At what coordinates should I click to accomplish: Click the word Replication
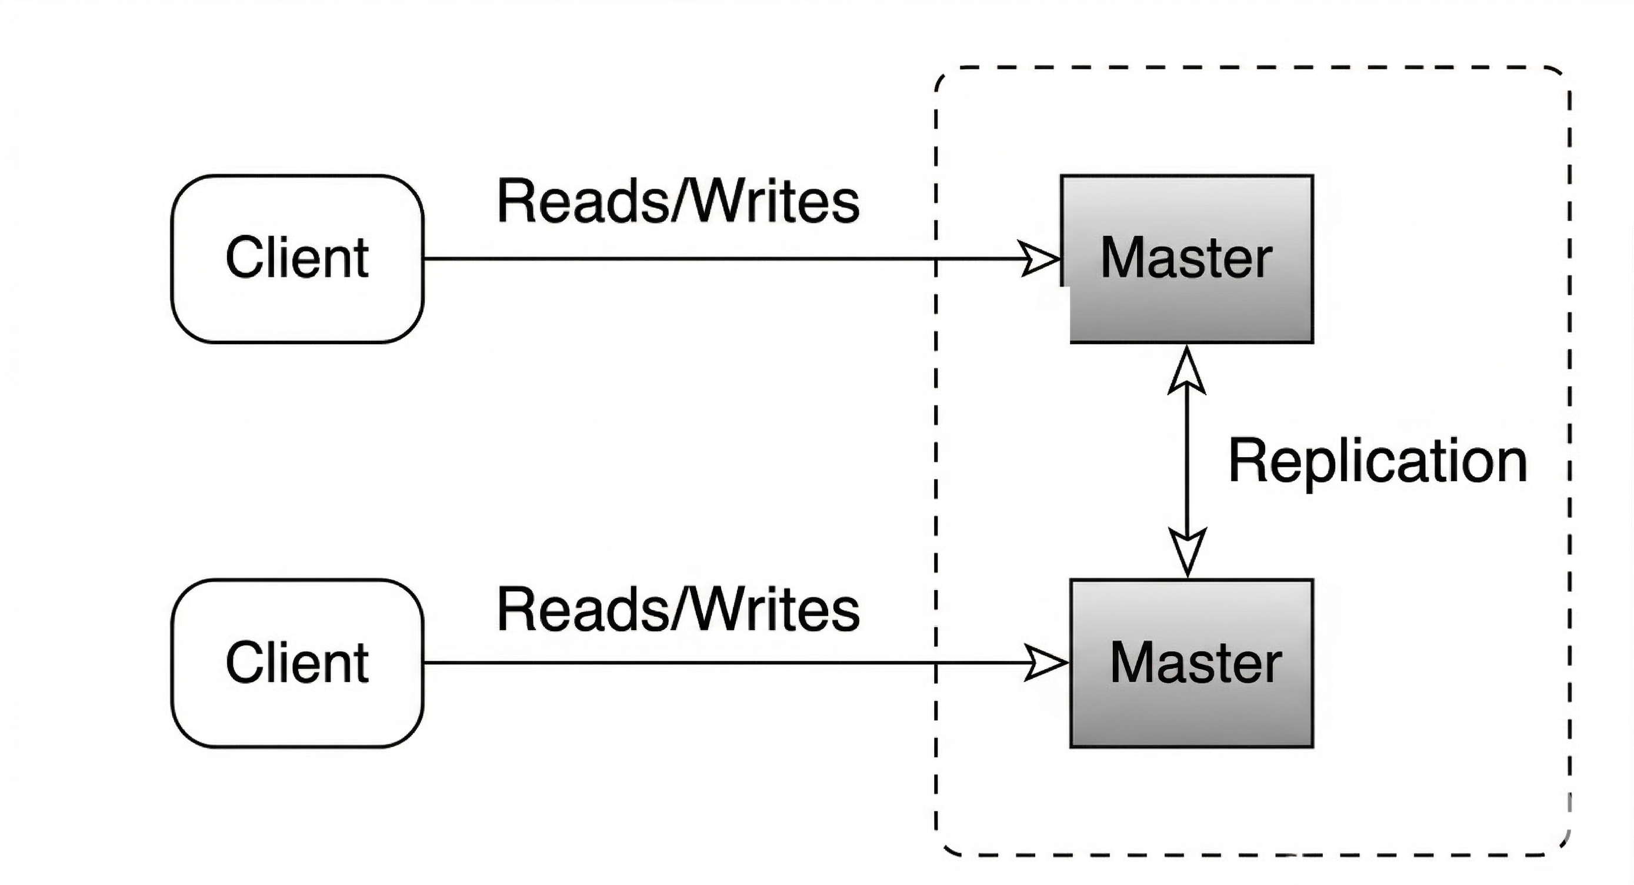click(1378, 461)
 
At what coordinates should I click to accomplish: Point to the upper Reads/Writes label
click(678, 202)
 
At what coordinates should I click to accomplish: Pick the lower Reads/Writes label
click(678, 610)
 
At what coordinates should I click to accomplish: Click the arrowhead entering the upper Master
click(1039, 259)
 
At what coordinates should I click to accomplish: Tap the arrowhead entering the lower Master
click(1045, 663)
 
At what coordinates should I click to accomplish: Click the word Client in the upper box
click(297, 257)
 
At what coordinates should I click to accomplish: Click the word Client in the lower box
click(297, 663)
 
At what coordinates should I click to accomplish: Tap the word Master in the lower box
click(1195, 663)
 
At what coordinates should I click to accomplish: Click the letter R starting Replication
click(1247, 460)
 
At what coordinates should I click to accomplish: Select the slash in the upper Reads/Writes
click(680, 202)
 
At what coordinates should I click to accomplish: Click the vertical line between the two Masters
click(1187, 461)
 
